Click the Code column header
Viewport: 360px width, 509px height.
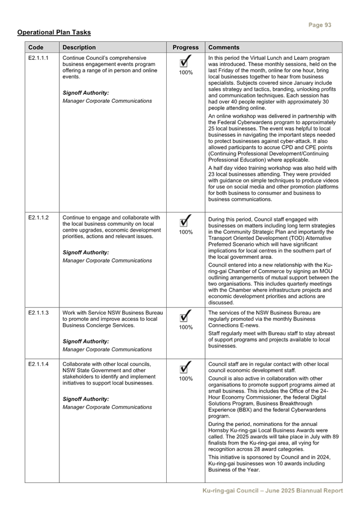[x=36, y=47]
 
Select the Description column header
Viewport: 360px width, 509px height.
[x=79, y=47]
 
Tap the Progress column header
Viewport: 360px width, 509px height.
[x=185, y=47]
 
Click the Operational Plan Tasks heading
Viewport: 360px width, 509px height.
[x=54, y=33]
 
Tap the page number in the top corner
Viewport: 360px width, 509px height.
[x=320, y=25]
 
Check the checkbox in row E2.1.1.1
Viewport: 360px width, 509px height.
[x=185, y=61]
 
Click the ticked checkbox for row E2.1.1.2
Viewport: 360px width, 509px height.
[x=185, y=220]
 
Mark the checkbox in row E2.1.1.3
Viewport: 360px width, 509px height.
[x=185, y=315]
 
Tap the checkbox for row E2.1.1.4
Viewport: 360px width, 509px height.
[x=185, y=367]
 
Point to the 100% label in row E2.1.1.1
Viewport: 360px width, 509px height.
[x=185, y=73]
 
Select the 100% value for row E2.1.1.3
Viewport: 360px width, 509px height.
[x=185, y=327]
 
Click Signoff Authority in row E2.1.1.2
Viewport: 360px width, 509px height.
[x=85, y=252]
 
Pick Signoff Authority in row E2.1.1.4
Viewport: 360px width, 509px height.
[x=85, y=399]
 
